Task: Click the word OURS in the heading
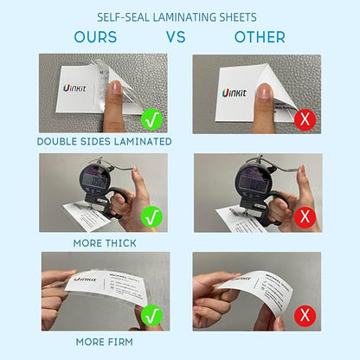(x=95, y=37)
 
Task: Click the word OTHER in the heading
(x=260, y=37)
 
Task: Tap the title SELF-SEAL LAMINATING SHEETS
(x=179, y=16)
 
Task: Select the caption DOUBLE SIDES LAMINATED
(x=104, y=141)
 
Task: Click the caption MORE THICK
(x=104, y=244)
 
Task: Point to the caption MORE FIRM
(x=103, y=341)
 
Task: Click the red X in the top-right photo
(x=305, y=119)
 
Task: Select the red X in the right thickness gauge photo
(x=305, y=217)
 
